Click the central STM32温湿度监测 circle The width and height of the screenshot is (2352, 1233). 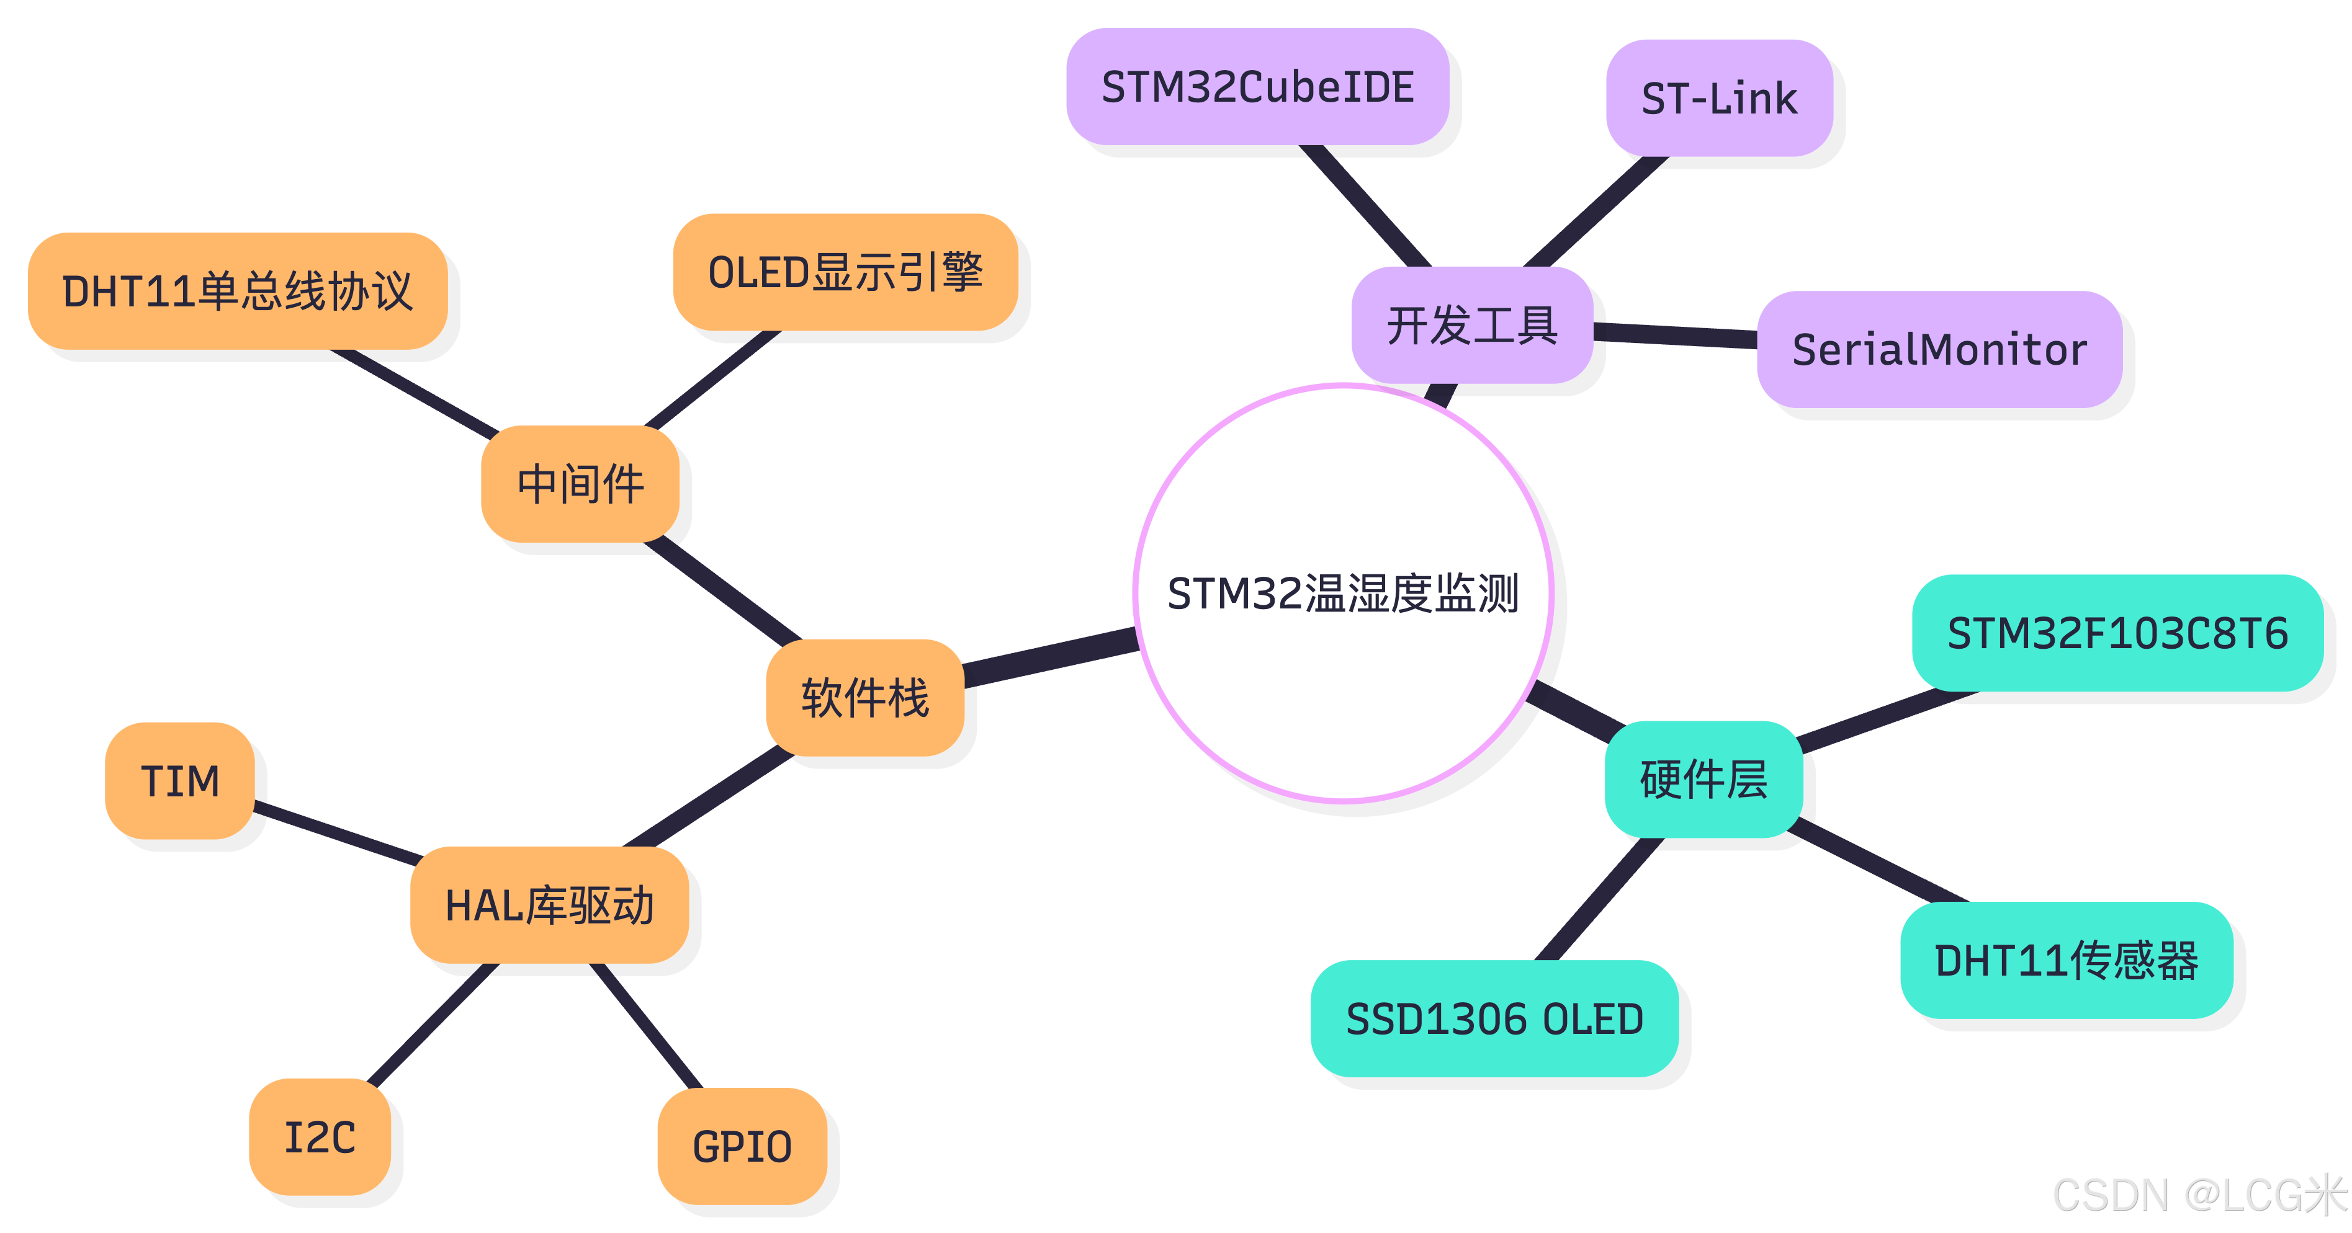[1343, 593]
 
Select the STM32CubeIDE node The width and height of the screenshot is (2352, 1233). [1257, 87]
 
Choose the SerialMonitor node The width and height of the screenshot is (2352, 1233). [1939, 350]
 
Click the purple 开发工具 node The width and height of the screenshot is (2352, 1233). [1472, 326]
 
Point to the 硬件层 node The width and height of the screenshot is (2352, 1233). [1703, 780]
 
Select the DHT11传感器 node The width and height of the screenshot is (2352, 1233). [2066, 960]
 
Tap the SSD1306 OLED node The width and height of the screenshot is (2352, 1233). [1494, 1018]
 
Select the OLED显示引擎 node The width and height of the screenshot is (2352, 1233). [845, 272]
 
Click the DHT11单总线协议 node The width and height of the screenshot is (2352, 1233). [238, 291]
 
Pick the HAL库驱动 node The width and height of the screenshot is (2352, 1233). [549, 906]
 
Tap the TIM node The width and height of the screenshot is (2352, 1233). [180, 781]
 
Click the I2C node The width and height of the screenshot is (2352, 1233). [320, 1137]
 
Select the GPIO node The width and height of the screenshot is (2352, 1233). [742, 1146]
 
